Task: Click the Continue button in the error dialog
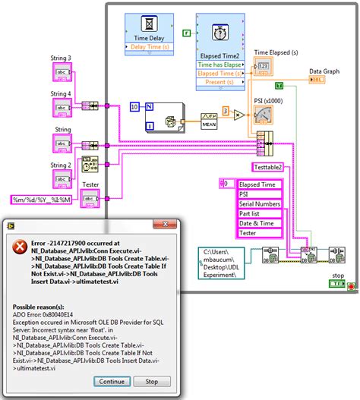(111, 382)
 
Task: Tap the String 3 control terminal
(62, 73)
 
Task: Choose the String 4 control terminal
(62, 109)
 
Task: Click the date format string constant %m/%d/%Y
(42, 200)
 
